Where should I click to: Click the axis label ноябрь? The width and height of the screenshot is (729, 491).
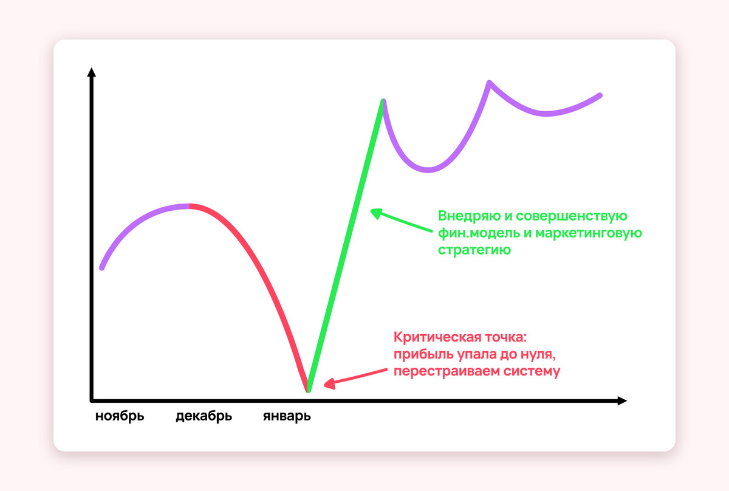(120, 416)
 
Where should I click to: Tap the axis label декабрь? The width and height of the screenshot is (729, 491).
(204, 416)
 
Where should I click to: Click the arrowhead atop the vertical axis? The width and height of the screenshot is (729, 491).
(92, 72)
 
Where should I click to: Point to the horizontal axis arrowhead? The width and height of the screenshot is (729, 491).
(622, 401)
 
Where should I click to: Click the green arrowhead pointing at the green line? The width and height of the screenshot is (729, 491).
(376, 213)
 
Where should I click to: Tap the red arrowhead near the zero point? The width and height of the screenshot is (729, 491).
(330, 384)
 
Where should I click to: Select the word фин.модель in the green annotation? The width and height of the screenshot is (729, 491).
(479, 233)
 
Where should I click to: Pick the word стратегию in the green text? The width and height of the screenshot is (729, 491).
(474, 250)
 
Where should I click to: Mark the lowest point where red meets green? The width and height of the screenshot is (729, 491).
(308, 390)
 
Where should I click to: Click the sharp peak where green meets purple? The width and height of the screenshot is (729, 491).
(383, 101)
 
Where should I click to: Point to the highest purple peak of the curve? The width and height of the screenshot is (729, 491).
(489, 83)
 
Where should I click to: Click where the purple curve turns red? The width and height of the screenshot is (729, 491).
(190, 206)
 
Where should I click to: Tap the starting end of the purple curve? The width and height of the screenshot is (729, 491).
(102, 267)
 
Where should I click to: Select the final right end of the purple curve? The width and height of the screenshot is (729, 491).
(600, 95)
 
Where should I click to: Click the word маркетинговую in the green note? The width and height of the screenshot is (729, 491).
(589, 233)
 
